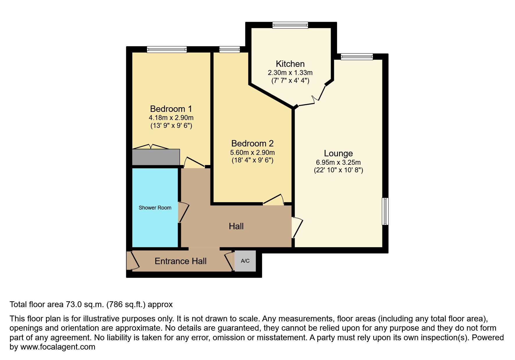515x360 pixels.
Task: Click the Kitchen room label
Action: (290, 64)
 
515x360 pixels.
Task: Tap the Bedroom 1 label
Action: (171, 109)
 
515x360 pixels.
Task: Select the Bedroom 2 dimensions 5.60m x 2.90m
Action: (252, 153)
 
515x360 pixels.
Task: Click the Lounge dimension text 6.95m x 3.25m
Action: (338, 162)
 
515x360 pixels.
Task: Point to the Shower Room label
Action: (155, 208)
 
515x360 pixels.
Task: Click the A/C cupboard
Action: (245, 261)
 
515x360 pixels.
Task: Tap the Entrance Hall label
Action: (180, 261)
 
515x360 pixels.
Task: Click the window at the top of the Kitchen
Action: (290, 26)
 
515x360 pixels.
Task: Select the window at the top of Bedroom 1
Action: (167, 50)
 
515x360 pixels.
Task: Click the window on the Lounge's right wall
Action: (385, 211)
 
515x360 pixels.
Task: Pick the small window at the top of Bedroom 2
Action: (229, 50)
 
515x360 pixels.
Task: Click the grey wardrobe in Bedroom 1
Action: (156, 157)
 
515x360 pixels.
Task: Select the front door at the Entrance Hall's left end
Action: (133, 261)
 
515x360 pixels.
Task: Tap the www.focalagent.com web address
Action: (58, 347)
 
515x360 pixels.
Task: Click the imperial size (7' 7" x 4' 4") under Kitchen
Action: (290, 81)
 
